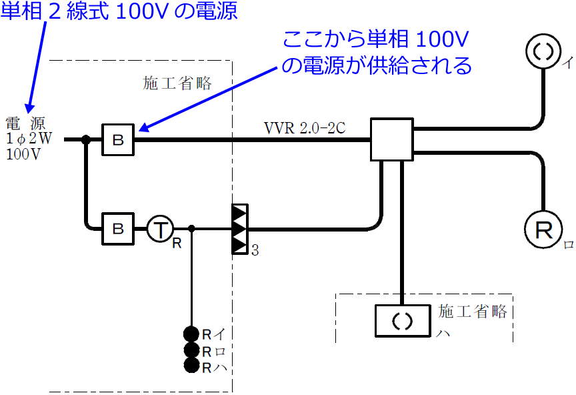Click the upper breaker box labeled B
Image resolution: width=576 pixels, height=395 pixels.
pyautogui.click(x=118, y=140)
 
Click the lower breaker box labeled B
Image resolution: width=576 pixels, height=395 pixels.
pyautogui.click(x=118, y=229)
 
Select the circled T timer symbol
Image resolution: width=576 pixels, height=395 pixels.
pyautogui.click(x=159, y=229)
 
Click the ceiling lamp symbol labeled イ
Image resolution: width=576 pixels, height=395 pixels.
pyautogui.click(x=545, y=50)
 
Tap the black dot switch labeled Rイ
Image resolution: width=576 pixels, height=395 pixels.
pyautogui.click(x=192, y=334)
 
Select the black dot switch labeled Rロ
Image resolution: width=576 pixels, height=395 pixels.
pyautogui.click(x=192, y=350)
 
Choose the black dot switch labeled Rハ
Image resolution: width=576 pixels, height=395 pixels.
pyautogui.click(x=192, y=365)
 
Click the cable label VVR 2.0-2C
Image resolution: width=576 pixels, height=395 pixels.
pyautogui.click(x=305, y=128)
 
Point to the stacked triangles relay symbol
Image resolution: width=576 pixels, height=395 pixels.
pyautogui.click(x=239, y=229)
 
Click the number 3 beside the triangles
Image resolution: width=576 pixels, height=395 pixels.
pyautogui.click(x=255, y=251)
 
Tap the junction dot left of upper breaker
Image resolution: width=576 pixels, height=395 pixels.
pyautogui.click(x=86, y=140)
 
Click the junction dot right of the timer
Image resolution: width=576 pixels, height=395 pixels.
pyautogui.click(x=192, y=229)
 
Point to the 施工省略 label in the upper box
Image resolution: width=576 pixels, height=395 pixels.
pyautogui.click(x=177, y=83)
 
